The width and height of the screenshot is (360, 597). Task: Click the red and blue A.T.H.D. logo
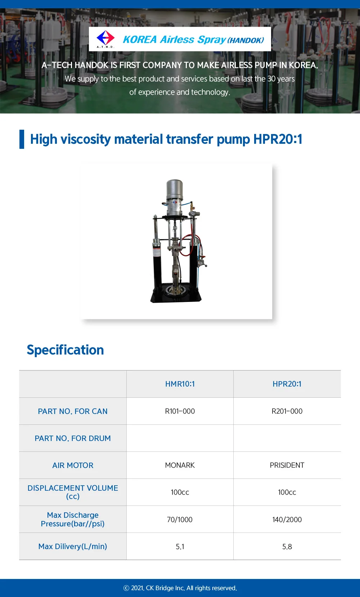105,38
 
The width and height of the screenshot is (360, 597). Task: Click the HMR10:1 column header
180,384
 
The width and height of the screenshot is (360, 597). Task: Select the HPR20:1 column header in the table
287,384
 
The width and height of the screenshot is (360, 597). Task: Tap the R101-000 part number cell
180,411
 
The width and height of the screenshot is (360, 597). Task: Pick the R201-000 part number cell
287,411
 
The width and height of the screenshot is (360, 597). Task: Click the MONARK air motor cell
180,465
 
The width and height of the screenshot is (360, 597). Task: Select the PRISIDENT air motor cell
287,465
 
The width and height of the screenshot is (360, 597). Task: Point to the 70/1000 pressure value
180,520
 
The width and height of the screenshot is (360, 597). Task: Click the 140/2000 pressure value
287,520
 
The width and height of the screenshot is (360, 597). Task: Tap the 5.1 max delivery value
180,547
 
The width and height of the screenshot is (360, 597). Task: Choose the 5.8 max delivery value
287,547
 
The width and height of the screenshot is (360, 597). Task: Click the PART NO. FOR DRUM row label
73,438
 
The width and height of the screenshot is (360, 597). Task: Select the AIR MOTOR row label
73,465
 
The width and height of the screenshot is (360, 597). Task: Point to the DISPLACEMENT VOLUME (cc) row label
73,492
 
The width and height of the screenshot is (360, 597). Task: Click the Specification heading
65,350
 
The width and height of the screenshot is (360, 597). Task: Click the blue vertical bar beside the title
22,139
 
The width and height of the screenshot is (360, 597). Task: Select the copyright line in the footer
180,588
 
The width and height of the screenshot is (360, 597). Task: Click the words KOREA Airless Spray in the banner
174,39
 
